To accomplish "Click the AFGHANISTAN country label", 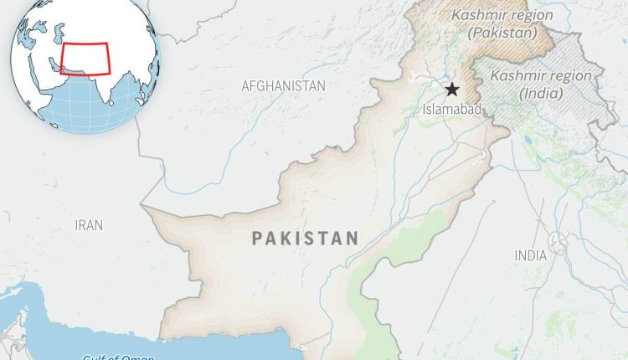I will [282, 85].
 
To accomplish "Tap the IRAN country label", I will [90, 224].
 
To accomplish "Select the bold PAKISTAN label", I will [305, 239].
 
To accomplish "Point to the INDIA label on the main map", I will [531, 255].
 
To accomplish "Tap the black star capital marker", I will [452, 90].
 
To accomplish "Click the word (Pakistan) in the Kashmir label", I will [502, 33].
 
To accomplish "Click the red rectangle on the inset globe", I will [85, 59].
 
